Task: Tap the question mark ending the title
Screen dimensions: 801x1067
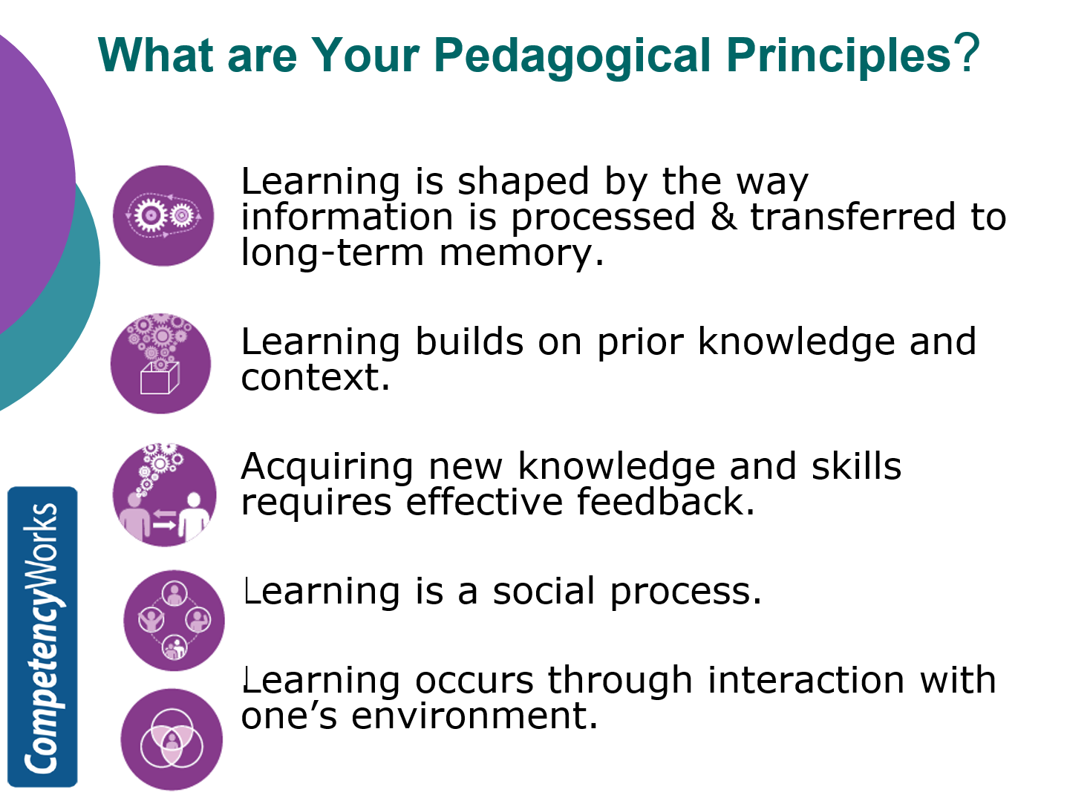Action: [x=967, y=53]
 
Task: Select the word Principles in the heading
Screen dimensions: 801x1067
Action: [x=838, y=55]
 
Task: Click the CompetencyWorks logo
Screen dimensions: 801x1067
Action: [x=42, y=636]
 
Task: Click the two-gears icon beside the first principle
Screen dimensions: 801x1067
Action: [x=163, y=215]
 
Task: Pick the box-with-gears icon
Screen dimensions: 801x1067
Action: [x=160, y=364]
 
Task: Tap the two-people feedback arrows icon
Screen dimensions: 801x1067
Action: [x=164, y=495]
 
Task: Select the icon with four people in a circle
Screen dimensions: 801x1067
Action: [x=174, y=621]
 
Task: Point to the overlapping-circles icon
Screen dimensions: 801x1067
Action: [x=172, y=739]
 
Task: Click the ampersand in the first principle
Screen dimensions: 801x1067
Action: [x=723, y=217]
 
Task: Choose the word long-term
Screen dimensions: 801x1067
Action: [x=333, y=252]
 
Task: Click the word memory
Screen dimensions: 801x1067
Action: [x=521, y=254]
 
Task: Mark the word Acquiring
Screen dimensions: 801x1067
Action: [x=327, y=468]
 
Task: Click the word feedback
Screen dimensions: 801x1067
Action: [x=665, y=502]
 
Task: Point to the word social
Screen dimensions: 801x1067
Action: [x=544, y=592]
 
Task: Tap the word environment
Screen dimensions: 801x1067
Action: [x=474, y=716]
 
